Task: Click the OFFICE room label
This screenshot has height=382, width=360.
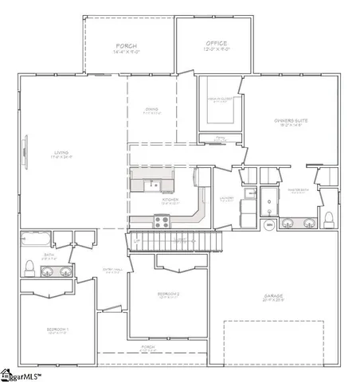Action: click(215, 44)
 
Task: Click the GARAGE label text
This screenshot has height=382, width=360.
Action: click(275, 298)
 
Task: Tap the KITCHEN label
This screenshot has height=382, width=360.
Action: click(170, 200)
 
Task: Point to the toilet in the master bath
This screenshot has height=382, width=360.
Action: click(328, 218)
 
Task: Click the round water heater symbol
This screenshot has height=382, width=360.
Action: click(269, 226)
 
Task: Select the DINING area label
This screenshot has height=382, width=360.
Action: click(151, 112)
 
